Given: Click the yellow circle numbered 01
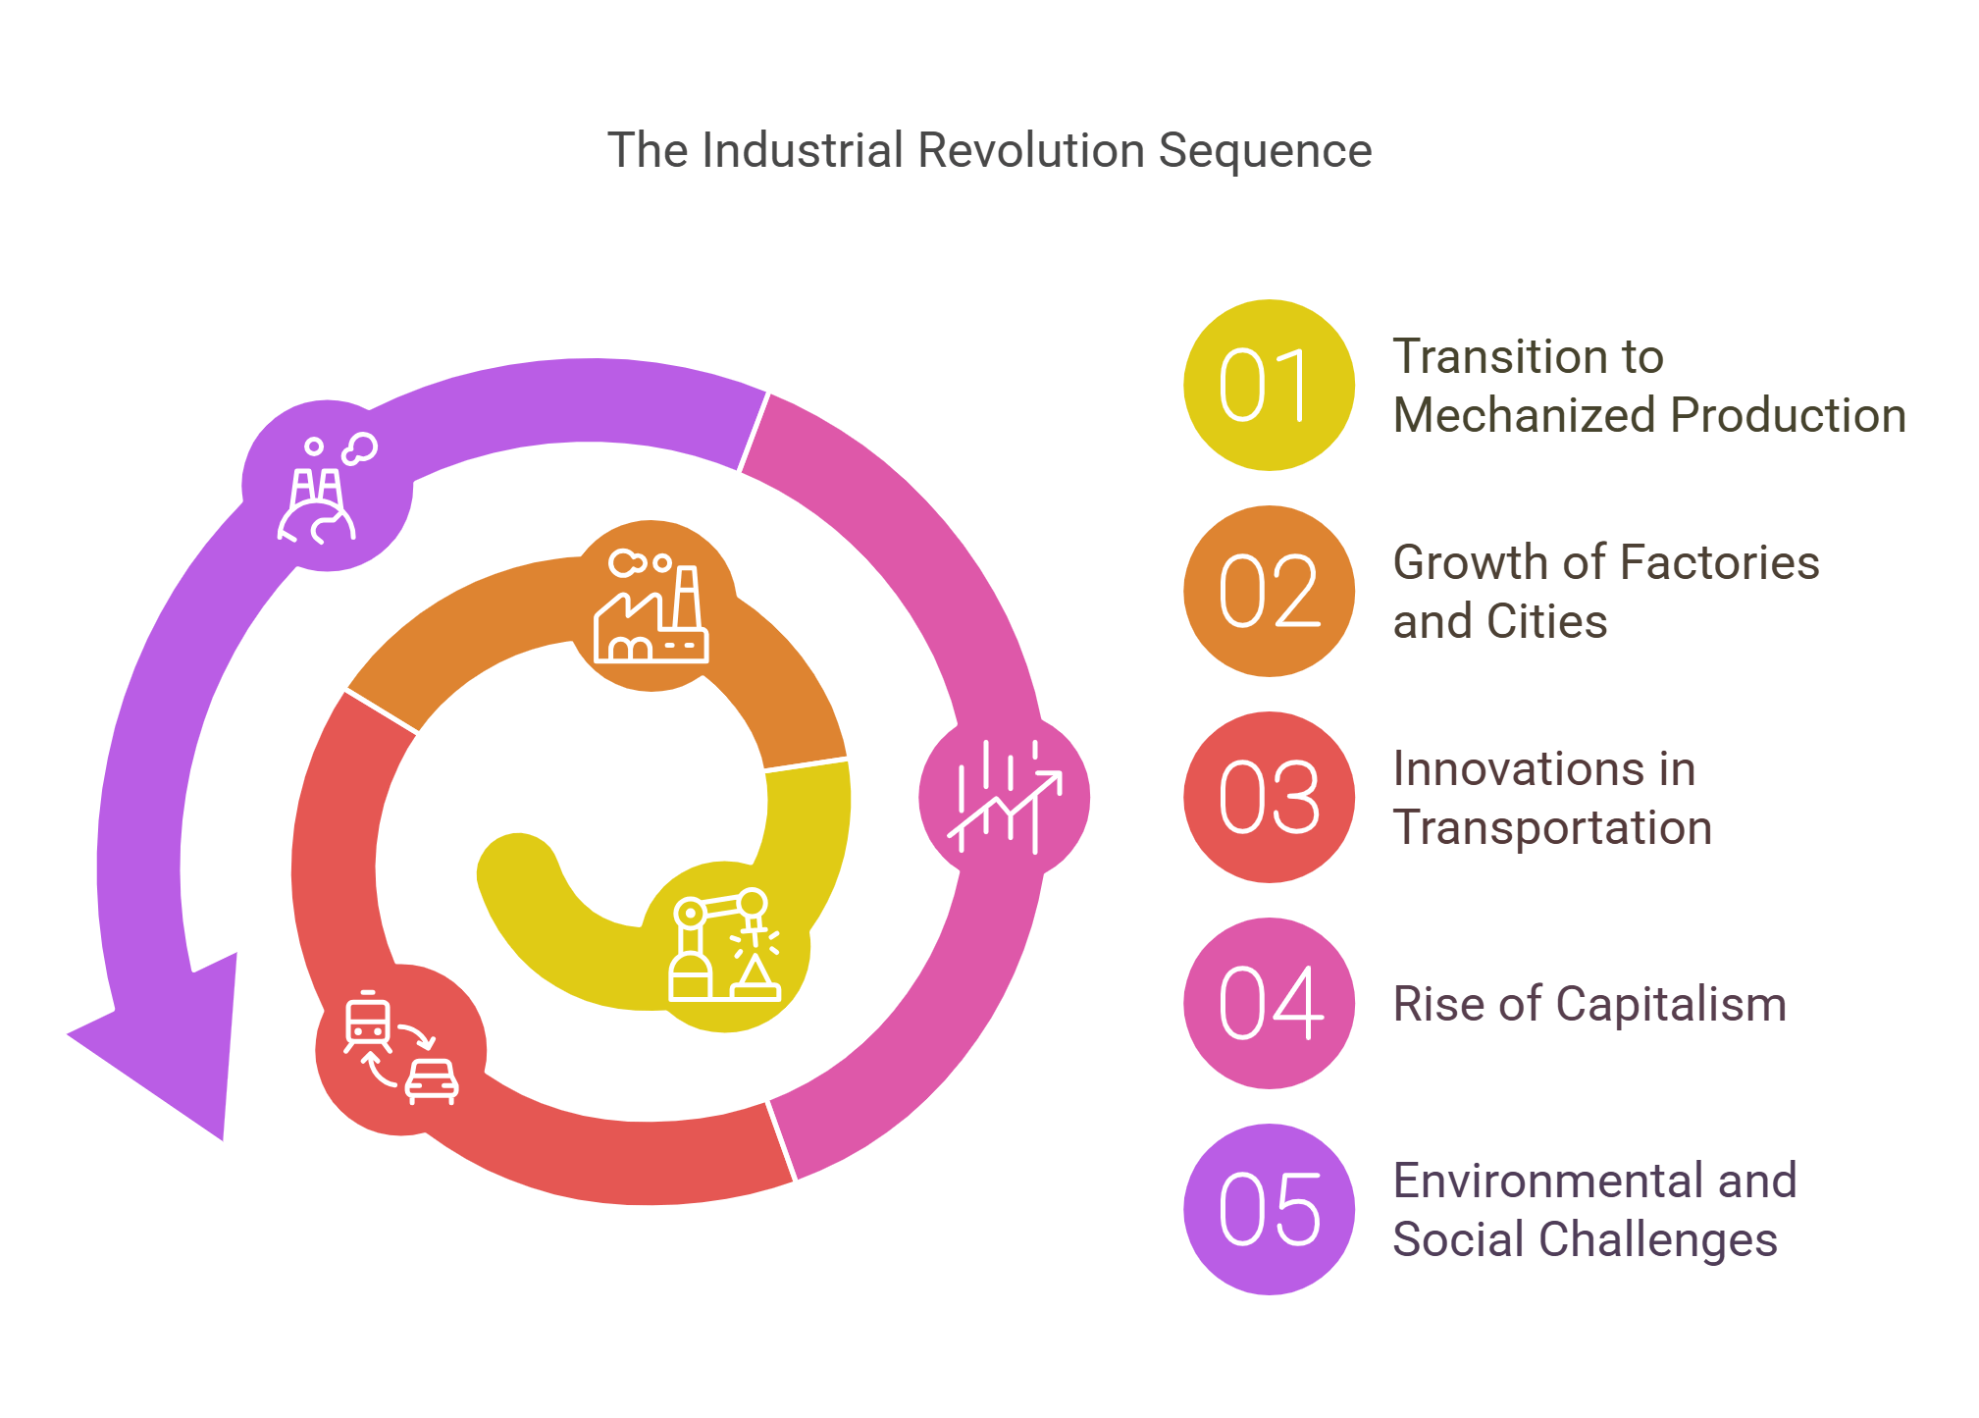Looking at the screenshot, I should (x=1268, y=385).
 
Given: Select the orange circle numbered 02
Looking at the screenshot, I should (x=1268, y=591).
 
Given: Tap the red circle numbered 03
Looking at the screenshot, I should (x=1268, y=797).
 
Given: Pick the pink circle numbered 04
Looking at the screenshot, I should (x=1268, y=1003).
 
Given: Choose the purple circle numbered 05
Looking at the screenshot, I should (x=1268, y=1209).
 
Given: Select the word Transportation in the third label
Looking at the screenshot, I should (x=1552, y=827).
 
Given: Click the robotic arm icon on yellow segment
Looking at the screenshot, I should (x=724, y=947).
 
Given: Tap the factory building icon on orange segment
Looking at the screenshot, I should (x=651, y=605).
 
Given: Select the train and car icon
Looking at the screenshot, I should (x=400, y=1049).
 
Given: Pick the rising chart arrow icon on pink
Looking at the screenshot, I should (x=1004, y=797).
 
